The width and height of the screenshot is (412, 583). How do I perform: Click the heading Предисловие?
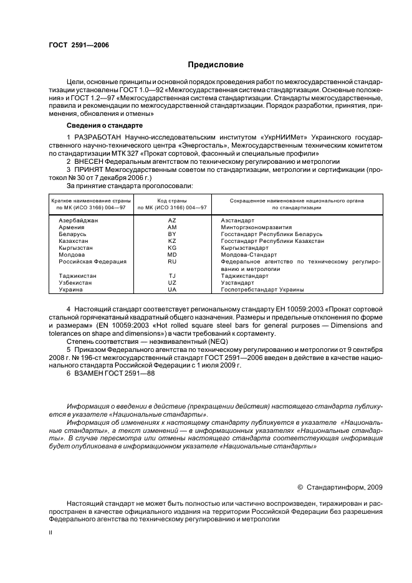(216, 64)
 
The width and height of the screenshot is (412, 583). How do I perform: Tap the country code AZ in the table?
(172, 220)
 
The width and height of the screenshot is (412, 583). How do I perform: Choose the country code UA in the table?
(172, 290)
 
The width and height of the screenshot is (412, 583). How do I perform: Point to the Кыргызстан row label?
(75, 248)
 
